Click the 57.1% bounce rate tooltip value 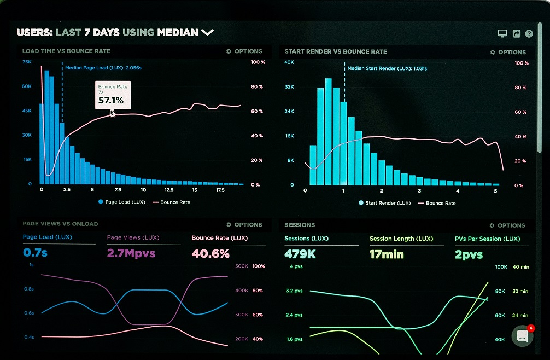point(111,101)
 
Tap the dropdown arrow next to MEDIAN point(207,33)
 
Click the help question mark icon point(529,34)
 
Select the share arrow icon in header point(516,34)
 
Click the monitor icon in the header point(502,34)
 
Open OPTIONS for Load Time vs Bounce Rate point(244,51)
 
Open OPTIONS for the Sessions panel point(507,225)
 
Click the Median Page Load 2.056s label point(103,68)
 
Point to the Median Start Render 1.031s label point(387,68)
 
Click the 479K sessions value point(300,254)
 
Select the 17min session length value point(387,254)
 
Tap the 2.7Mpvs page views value point(131,253)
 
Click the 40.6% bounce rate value point(210,253)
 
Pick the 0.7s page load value point(36,253)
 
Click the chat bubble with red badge point(522,336)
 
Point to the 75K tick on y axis point(27,62)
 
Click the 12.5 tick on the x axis point(169,190)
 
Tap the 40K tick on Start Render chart point(289,62)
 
